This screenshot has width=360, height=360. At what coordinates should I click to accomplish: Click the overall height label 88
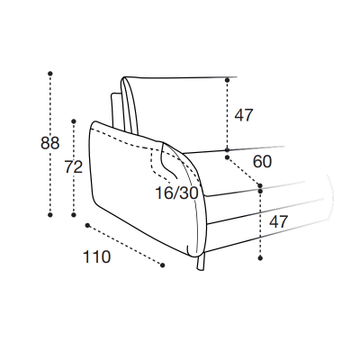point(50,143)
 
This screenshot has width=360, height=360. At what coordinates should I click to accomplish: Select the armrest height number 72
point(74,167)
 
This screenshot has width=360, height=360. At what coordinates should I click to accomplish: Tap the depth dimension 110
point(96,257)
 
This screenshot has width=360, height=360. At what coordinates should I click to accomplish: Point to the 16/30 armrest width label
point(176,193)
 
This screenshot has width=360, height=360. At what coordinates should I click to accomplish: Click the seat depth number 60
point(262,162)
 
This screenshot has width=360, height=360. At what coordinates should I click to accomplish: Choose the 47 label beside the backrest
point(244,115)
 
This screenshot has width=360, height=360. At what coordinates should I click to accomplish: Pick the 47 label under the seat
point(278,222)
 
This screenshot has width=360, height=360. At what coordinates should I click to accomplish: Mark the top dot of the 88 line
point(50,74)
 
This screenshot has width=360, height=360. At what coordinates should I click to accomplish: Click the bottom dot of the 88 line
point(50,215)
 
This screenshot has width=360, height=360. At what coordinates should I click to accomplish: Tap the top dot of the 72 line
point(74,121)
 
